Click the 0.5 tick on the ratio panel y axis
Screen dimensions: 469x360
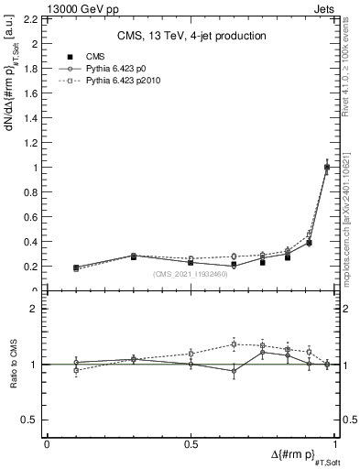pos(32,420)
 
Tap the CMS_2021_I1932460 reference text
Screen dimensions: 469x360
pos(191,273)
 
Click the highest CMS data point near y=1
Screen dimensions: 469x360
pos(327,168)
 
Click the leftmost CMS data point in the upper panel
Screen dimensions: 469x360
pos(76,267)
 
